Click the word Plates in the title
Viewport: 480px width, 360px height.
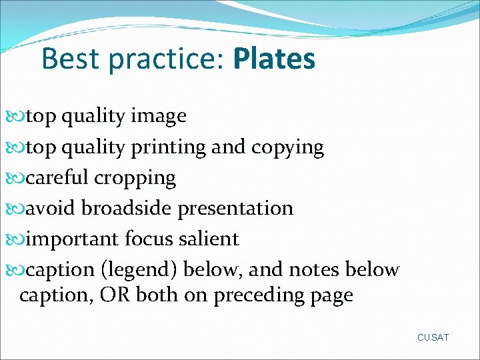click(x=274, y=59)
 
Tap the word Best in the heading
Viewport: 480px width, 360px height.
click(x=69, y=59)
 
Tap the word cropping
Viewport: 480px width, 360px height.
click(x=135, y=179)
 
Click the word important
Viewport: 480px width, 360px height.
click(x=73, y=239)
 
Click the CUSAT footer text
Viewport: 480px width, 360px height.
click(x=433, y=337)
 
